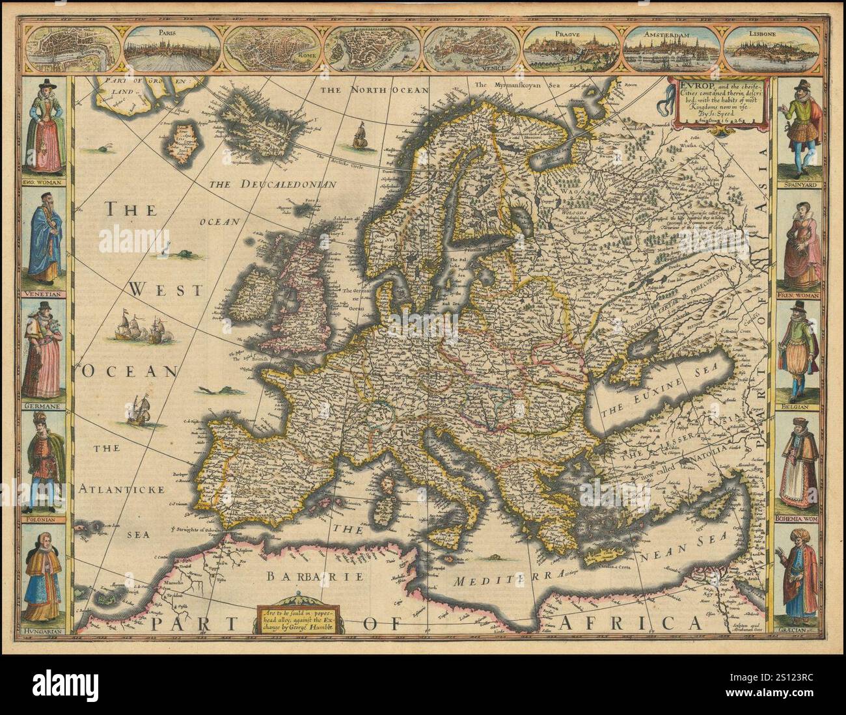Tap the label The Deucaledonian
coord(272,185)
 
